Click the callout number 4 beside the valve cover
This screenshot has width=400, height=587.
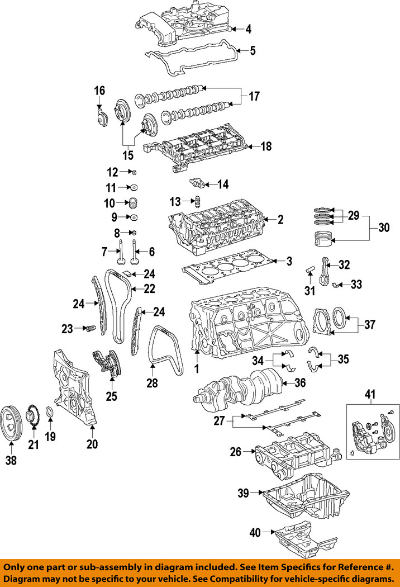point(249,29)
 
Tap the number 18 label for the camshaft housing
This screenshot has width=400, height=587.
point(266,146)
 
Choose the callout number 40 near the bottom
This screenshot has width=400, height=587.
point(254,533)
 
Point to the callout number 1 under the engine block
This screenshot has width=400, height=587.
point(196,368)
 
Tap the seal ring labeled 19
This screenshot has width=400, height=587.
point(49,414)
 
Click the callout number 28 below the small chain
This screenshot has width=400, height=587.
point(152,384)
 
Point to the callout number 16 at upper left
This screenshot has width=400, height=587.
point(99,91)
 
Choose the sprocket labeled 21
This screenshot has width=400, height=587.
point(32,418)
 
